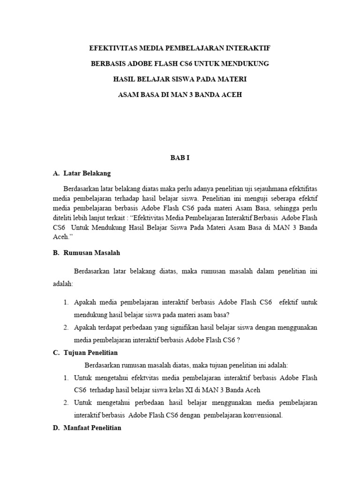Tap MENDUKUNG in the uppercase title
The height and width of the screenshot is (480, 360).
click(x=247, y=64)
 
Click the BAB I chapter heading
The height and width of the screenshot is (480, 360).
click(x=180, y=158)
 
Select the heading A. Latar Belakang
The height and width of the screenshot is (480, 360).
click(x=82, y=173)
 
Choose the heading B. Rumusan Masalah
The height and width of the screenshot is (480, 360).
click(x=87, y=253)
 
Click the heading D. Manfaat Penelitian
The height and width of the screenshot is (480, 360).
click(x=87, y=427)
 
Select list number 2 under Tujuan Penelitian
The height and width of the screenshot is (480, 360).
click(x=67, y=403)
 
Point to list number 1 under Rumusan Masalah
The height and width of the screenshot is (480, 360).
click(x=67, y=302)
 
